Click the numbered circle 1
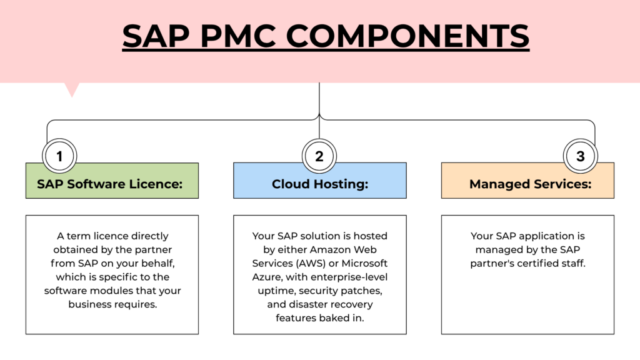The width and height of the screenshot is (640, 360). tap(59, 156)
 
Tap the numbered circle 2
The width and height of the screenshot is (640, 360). tap(319, 156)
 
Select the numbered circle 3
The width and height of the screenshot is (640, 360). tap(580, 156)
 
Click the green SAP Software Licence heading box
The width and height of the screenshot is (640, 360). tap(112, 184)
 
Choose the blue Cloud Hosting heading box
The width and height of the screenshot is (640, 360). tap(319, 184)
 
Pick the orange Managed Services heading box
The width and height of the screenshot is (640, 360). tap(527, 184)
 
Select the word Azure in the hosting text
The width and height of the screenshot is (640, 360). tap(269, 277)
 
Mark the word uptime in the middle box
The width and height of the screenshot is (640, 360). tap(272, 291)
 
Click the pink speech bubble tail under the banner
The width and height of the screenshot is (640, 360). tap(72, 89)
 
